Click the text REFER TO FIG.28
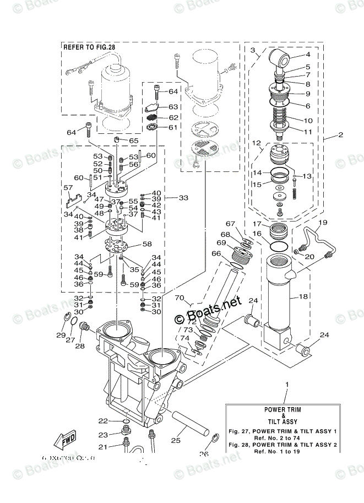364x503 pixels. click(x=89, y=48)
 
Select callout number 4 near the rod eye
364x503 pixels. click(x=308, y=55)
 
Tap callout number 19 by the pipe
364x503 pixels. click(x=323, y=223)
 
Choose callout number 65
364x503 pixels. click(x=134, y=141)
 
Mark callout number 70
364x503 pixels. click(x=179, y=298)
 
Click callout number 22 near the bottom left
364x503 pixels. click(x=103, y=421)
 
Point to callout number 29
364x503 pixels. click(x=61, y=335)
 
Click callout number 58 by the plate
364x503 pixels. click(x=146, y=244)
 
